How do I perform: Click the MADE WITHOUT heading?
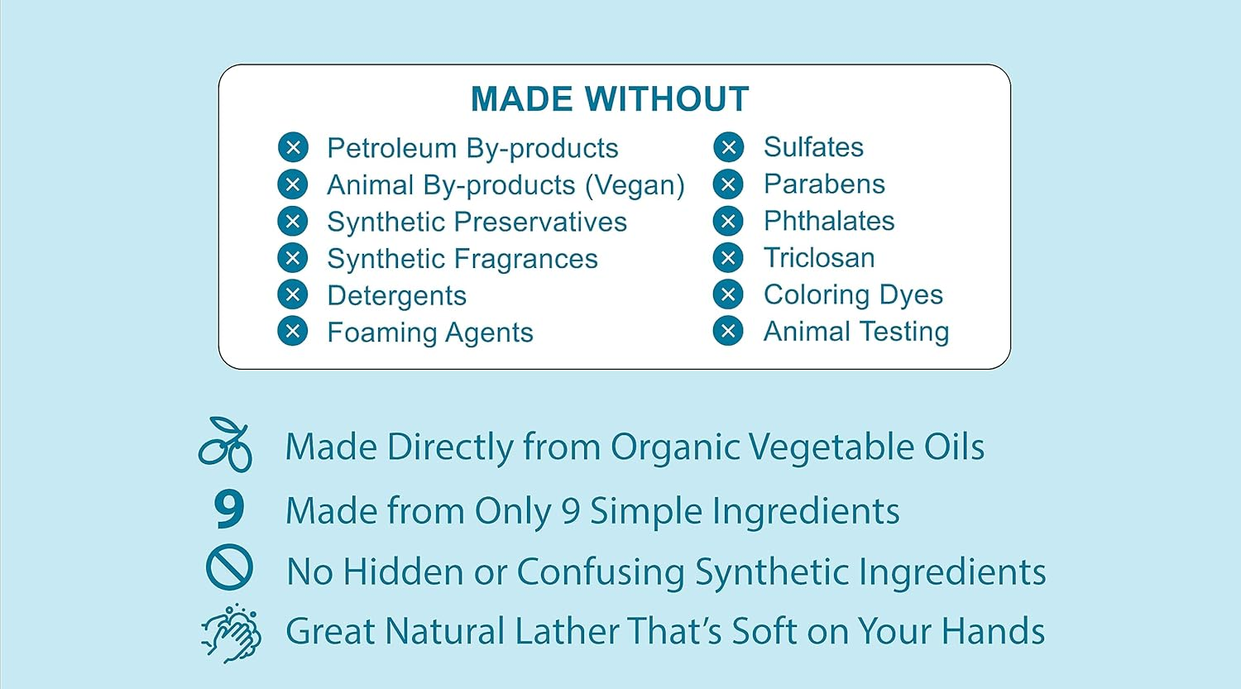[x=610, y=99]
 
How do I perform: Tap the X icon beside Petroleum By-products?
[x=293, y=148]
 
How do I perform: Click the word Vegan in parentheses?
[x=635, y=185]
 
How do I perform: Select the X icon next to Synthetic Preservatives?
[x=293, y=222]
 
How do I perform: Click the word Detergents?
[x=396, y=296]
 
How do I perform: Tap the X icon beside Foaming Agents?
[x=293, y=332]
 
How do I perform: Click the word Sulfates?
[x=813, y=147]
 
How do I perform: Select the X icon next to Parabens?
[x=728, y=184]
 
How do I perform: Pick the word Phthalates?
[x=829, y=221]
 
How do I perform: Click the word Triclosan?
[x=819, y=258]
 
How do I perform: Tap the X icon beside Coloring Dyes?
[x=728, y=294]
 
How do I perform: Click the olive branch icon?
[x=225, y=445]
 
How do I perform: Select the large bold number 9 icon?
[x=228, y=509]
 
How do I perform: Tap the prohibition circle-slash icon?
[x=229, y=567]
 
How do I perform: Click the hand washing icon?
[x=232, y=633]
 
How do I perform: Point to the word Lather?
[x=567, y=631]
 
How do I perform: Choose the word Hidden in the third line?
[x=403, y=572]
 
